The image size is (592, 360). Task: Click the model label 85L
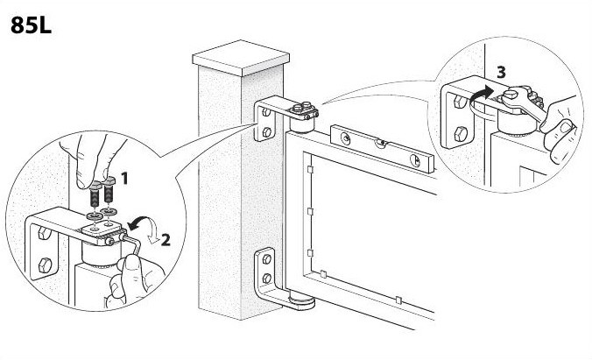point(30,25)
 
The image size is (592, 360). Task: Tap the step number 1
point(125,179)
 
